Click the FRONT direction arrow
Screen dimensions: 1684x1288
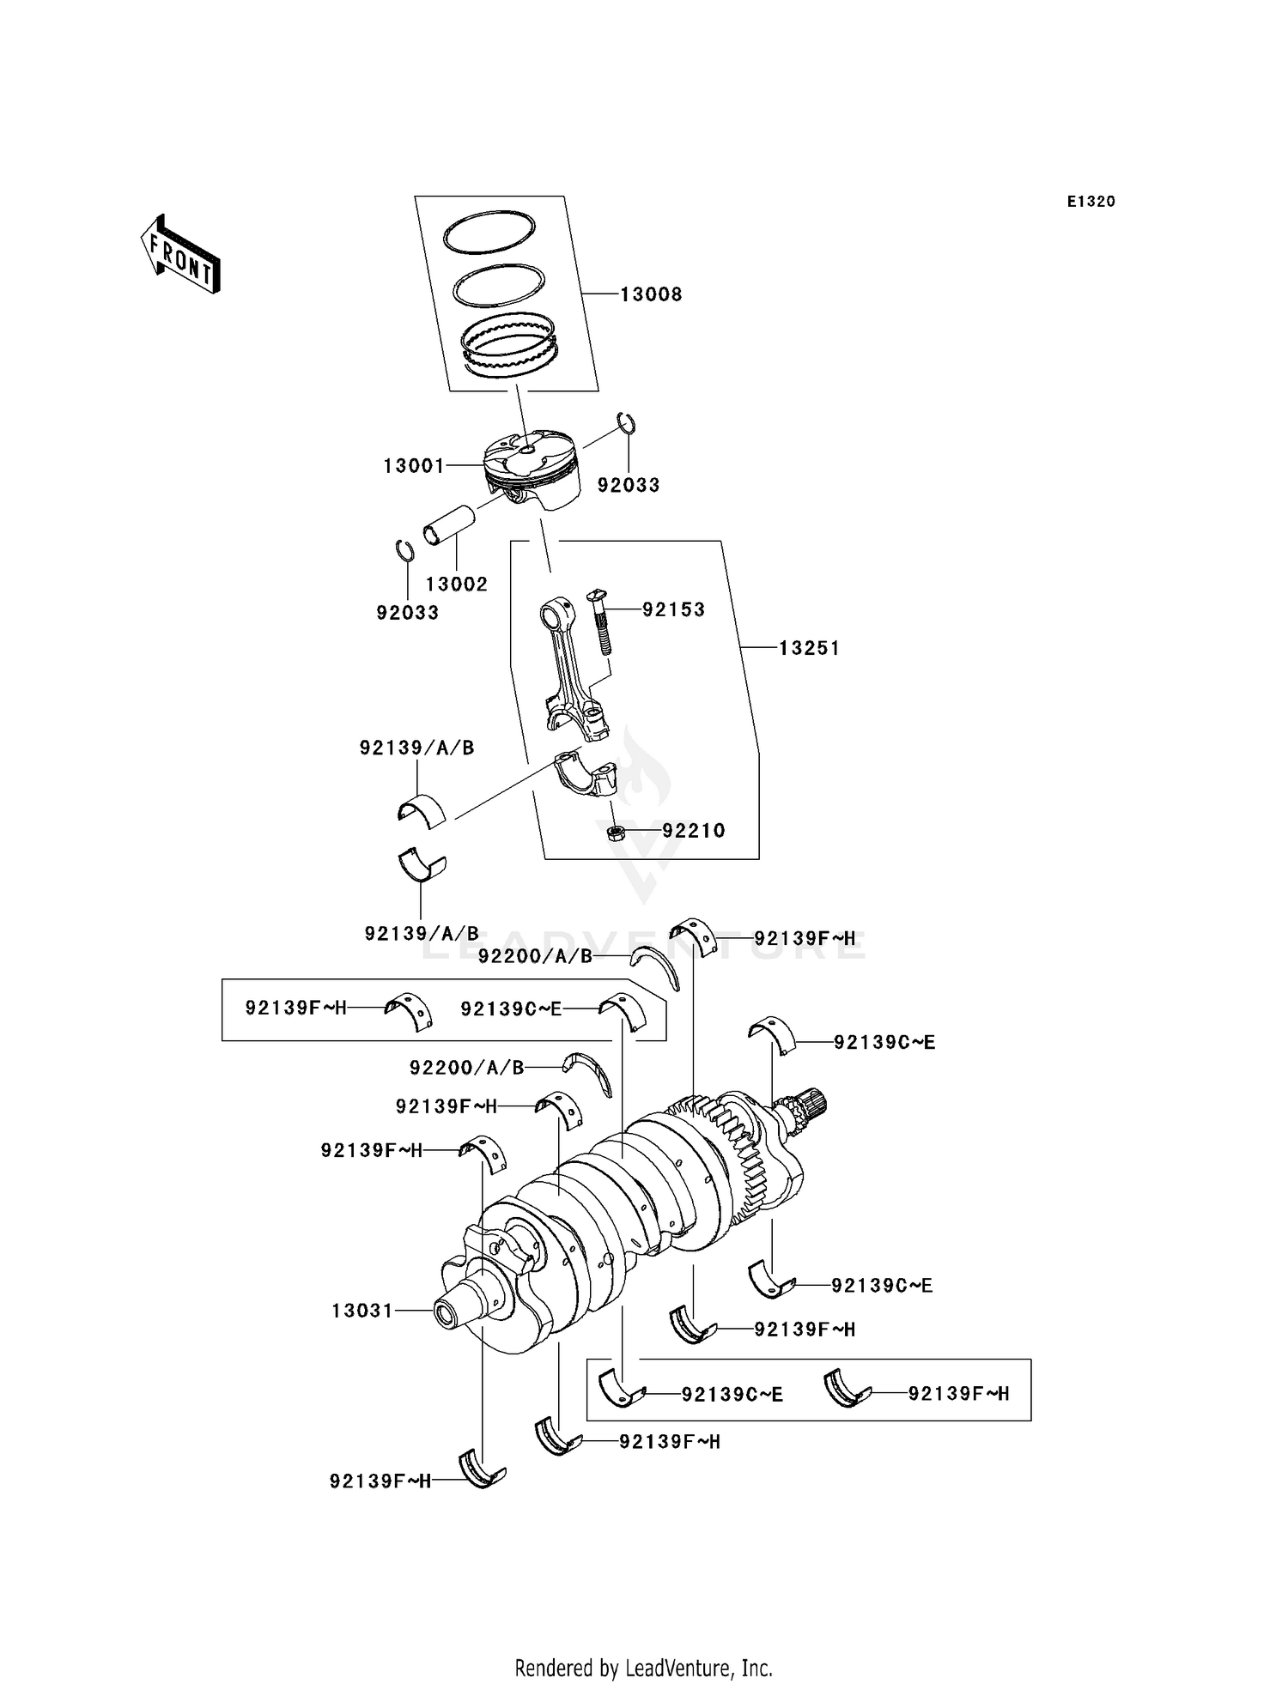pos(180,256)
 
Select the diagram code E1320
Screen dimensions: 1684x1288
pos(1091,202)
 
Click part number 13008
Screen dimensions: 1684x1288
pos(651,294)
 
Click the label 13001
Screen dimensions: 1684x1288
pos(413,466)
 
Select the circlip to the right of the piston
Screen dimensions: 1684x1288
pos(628,424)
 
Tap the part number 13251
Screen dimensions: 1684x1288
pos(808,648)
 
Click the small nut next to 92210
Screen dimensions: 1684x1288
pos(615,831)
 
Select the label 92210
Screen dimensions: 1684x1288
pos(693,831)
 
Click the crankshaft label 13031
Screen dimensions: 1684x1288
pos(361,1311)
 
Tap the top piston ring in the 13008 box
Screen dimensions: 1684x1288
pos(489,233)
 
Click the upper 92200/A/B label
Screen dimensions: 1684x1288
pos(535,956)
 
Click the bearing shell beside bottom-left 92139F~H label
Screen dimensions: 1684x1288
pos(483,1469)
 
